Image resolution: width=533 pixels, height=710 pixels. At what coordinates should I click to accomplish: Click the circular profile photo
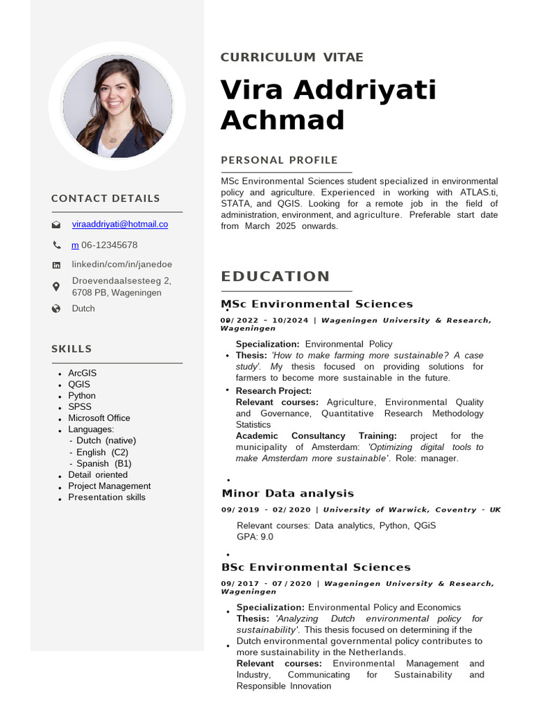[x=117, y=107]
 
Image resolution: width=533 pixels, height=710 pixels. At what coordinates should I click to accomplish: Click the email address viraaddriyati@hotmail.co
[x=119, y=224]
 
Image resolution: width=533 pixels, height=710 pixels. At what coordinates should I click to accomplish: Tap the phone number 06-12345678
[x=109, y=245]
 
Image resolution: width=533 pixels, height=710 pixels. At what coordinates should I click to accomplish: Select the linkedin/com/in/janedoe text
[x=122, y=264]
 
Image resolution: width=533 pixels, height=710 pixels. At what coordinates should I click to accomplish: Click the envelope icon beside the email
[x=56, y=225]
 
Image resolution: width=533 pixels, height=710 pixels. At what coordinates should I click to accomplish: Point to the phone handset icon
[x=56, y=245]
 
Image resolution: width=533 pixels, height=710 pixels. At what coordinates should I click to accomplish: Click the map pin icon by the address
[x=56, y=286]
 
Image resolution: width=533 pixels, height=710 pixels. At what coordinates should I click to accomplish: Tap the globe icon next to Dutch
[x=56, y=309]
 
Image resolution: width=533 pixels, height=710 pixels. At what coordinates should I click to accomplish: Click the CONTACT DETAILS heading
[x=105, y=198]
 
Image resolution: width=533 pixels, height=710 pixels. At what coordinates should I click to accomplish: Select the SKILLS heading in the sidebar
[x=71, y=349]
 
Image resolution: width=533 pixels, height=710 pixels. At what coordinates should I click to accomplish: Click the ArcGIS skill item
[x=83, y=373]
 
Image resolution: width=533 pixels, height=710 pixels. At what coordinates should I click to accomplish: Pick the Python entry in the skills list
[x=82, y=395]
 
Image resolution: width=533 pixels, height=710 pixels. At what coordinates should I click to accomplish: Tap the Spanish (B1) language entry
[x=103, y=463]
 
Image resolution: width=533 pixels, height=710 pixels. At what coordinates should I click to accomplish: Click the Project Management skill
[x=109, y=486]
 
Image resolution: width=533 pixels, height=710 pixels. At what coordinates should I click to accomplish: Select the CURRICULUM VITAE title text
[x=291, y=58]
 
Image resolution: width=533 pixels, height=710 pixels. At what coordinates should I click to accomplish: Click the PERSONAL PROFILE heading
[x=279, y=160]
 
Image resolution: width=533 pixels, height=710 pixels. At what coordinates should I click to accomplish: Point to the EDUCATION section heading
[x=276, y=277]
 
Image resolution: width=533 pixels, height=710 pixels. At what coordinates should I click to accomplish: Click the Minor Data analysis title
[x=287, y=494]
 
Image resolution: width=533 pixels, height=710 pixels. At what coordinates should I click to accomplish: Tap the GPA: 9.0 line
[x=255, y=537]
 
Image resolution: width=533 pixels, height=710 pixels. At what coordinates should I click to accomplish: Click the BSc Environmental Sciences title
[x=316, y=567]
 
